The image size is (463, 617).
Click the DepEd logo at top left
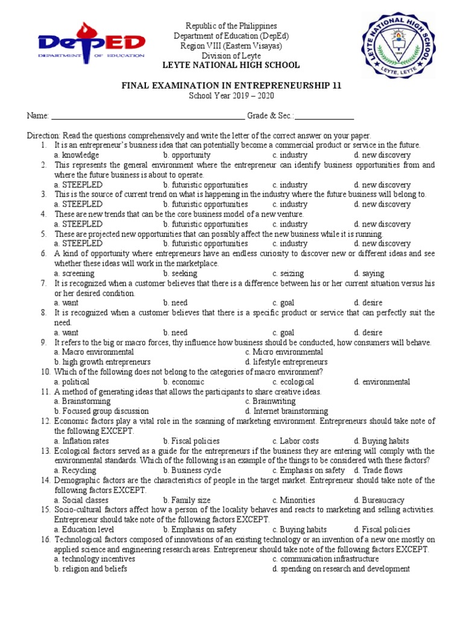(x=90, y=43)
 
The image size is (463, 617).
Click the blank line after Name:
(x=148, y=116)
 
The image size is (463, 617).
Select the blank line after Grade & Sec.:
(x=324, y=116)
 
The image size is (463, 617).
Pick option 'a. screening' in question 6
(x=74, y=273)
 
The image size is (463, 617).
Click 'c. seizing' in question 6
(x=288, y=273)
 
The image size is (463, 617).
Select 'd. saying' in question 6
(x=369, y=273)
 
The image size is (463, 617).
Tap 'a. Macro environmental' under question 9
(x=93, y=352)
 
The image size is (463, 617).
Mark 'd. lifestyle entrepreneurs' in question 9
(x=286, y=362)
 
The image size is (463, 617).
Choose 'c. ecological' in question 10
(x=293, y=381)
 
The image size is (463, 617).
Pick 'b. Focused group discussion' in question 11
(x=101, y=411)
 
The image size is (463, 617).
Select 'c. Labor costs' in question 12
(x=295, y=441)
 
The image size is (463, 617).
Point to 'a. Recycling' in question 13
(x=75, y=470)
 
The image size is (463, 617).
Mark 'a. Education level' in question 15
(x=84, y=530)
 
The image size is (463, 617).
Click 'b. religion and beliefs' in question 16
(x=90, y=569)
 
